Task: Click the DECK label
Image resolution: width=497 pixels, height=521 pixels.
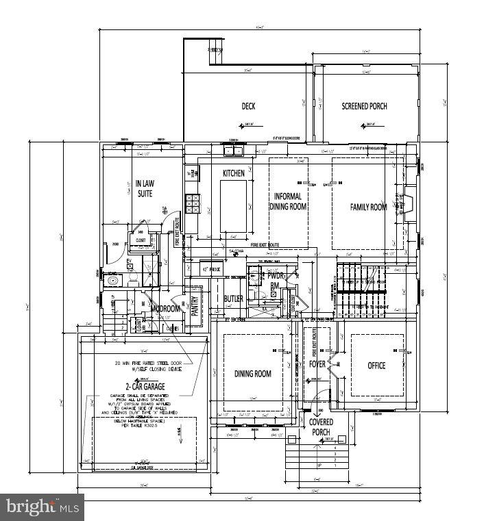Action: click(248, 106)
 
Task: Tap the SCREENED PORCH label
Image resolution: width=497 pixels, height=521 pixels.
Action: click(364, 106)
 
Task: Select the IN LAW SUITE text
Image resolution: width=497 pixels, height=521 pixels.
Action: click(143, 188)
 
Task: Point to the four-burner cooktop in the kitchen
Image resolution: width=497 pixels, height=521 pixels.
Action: click(193, 201)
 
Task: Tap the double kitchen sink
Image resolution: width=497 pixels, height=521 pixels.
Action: click(232, 151)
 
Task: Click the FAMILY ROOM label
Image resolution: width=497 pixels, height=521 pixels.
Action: click(369, 207)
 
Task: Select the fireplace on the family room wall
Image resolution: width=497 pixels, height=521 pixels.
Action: click(409, 203)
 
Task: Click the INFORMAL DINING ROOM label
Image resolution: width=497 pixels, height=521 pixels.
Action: click(288, 201)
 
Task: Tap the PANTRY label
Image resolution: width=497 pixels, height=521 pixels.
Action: click(194, 305)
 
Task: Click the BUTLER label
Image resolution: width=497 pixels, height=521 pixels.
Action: click(233, 299)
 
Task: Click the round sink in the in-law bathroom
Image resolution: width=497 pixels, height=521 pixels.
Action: click(113, 280)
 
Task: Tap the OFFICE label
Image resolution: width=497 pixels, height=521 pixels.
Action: click(376, 366)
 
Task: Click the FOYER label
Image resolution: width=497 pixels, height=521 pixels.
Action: click(317, 364)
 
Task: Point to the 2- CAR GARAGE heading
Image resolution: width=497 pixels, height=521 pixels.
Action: click(144, 387)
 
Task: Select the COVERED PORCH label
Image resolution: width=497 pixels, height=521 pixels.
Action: click(321, 427)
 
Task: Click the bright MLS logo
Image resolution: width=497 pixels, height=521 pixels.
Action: click(42, 507)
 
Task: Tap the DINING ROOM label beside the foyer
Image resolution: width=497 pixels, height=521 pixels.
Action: click(253, 374)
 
